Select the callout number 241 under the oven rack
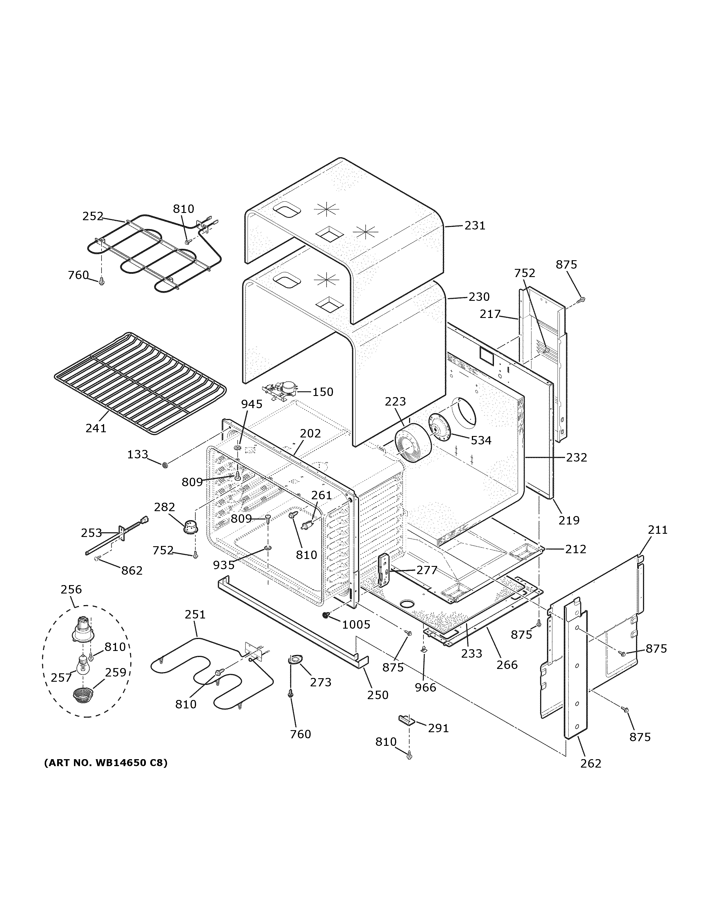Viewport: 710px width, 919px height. coord(96,428)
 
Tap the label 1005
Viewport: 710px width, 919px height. coord(356,625)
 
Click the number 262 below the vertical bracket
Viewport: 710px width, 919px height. coord(591,763)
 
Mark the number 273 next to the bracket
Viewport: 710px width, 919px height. coord(320,682)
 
